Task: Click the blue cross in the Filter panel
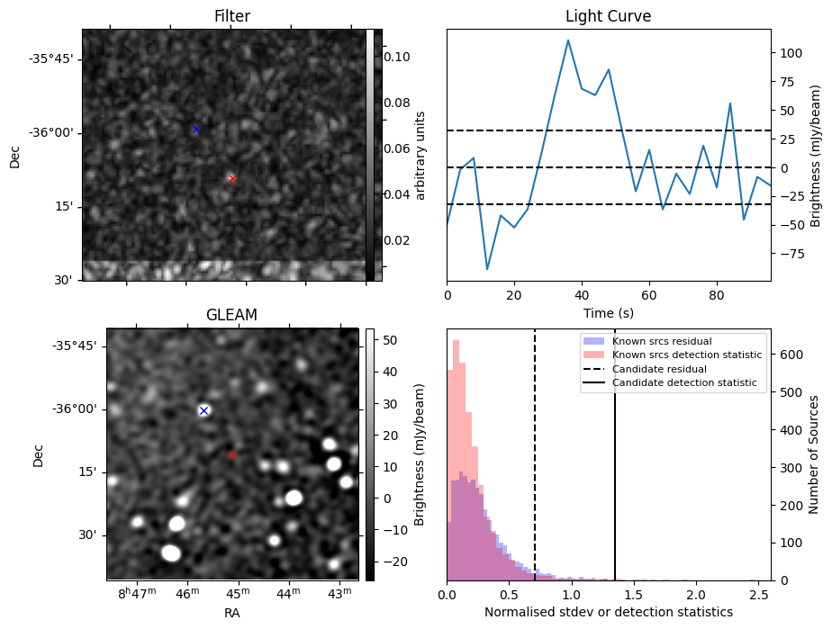tap(196, 130)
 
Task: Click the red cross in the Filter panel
tap(232, 179)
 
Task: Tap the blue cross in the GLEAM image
tap(203, 410)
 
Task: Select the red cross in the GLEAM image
tap(232, 455)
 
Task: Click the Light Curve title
tap(608, 16)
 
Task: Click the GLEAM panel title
tap(232, 315)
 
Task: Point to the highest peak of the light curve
tap(568, 40)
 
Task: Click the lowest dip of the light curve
tap(487, 269)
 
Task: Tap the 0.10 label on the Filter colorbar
tap(399, 57)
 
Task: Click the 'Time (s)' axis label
tap(608, 312)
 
